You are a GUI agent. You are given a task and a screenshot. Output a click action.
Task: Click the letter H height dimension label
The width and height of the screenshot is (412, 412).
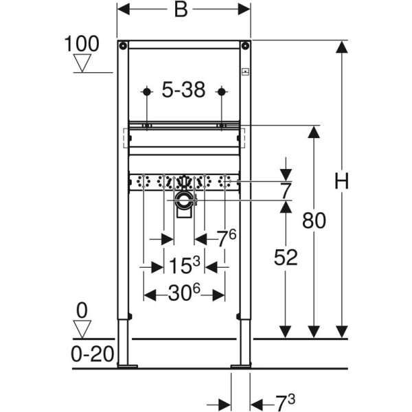[x=341, y=181]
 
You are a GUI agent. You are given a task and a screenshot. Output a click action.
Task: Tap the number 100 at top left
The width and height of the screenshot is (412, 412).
[x=82, y=44]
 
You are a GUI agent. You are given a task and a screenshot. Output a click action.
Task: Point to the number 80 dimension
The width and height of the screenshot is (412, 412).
[x=314, y=221]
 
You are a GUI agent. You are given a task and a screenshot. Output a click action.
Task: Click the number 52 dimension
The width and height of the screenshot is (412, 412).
[x=286, y=258]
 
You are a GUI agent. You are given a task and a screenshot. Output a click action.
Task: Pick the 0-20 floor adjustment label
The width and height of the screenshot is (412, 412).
[x=91, y=354]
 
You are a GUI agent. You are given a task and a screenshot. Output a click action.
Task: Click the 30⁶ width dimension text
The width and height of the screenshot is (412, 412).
[x=183, y=295]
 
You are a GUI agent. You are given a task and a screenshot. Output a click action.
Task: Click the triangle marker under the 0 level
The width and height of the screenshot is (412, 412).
[x=82, y=330]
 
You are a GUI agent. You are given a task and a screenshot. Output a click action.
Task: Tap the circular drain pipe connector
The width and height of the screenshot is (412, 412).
[x=183, y=201]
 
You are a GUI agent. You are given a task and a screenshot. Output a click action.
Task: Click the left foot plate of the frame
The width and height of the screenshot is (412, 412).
[x=126, y=366]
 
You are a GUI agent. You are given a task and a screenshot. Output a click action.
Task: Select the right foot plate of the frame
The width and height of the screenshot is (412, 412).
[x=241, y=366]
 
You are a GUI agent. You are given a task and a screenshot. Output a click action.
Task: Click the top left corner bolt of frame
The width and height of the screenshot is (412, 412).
[x=122, y=46]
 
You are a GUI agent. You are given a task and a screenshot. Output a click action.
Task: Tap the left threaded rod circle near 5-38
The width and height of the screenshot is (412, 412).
[x=146, y=91]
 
